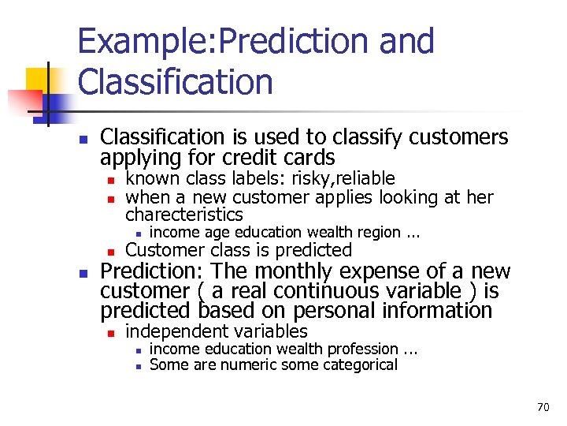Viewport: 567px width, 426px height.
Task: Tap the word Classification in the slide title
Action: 175,82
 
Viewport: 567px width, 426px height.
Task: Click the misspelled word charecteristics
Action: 184,215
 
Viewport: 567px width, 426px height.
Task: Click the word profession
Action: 362,349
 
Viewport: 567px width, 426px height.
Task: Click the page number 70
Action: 543,408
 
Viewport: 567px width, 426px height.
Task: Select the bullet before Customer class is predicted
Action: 111,252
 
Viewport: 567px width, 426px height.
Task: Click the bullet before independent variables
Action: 111,333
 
